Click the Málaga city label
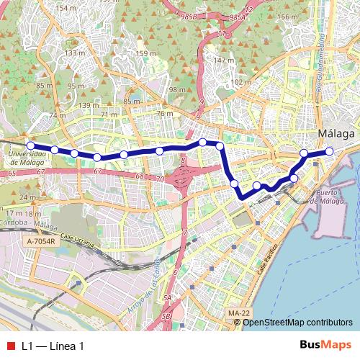click(336, 134)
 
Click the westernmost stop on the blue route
click(31, 146)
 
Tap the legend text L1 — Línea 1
click(53, 346)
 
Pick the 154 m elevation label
click(65, 8)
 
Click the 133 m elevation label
click(74, 53)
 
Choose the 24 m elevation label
click(28, 197)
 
